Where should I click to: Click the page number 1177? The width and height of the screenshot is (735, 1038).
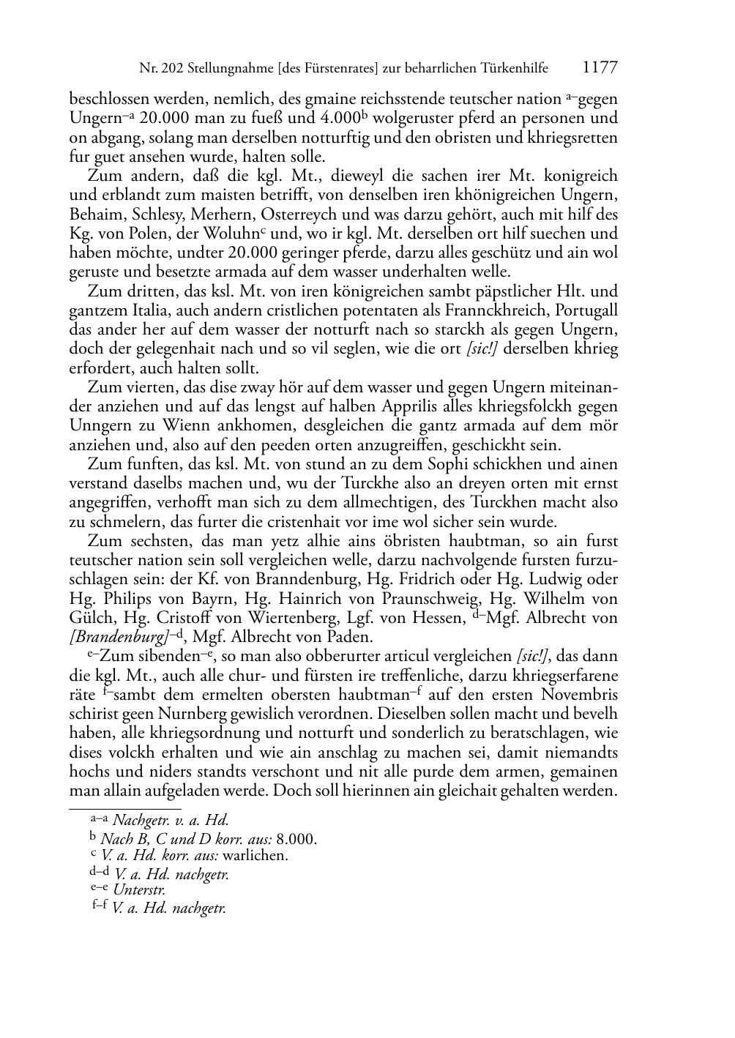[600, 68]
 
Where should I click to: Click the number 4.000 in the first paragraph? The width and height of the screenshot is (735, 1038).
[339, 118]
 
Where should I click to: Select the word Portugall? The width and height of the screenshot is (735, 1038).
[586, 310]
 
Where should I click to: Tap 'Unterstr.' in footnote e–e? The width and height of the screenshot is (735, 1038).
[139, 890]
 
